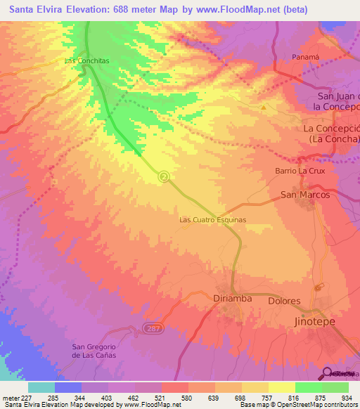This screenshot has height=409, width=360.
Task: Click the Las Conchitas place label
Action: [x=86, y=61]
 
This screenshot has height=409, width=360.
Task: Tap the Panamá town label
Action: [x=306, y=56]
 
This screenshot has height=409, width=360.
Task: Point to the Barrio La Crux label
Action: [x=298, y=171]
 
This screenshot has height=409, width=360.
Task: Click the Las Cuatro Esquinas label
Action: [x=212, y=219]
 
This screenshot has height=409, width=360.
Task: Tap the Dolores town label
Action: [x=284, y=301]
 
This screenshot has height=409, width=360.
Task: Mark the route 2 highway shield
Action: [x=164, y=176]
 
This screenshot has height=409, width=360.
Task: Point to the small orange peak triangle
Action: [x=263, y=108]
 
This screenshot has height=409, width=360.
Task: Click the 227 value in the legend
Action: [x=21, y=397]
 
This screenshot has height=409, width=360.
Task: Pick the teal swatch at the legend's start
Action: [x=41, y=387]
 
